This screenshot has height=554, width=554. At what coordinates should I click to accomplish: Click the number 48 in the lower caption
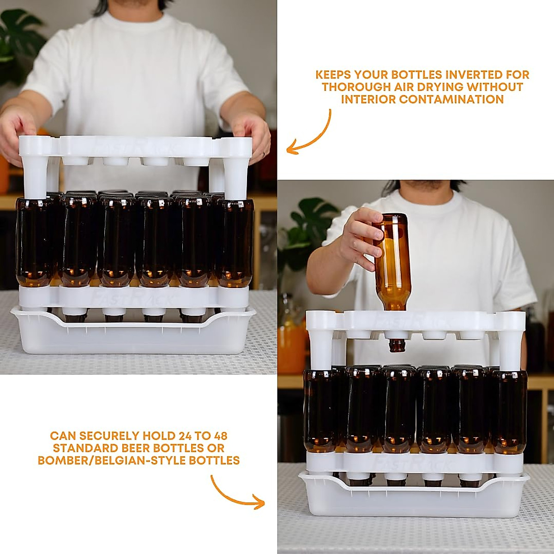pyautogui.click(x=217, y=435)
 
